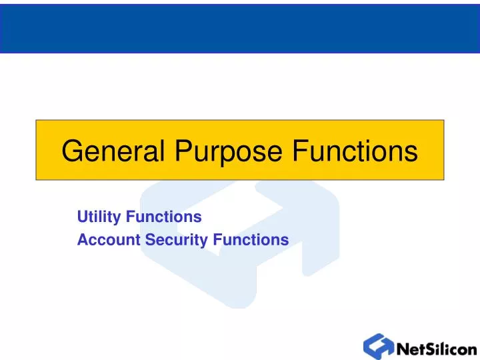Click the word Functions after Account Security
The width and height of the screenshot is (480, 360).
251,239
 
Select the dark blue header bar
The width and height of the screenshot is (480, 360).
240,27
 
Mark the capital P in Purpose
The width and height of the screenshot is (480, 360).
183,151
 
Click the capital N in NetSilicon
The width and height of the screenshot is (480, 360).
403,349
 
